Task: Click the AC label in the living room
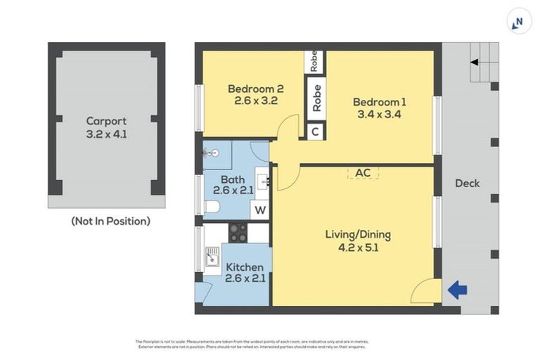[x=363, y=172]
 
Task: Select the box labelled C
[x=316, y=131]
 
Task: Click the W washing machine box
[x=260, y=210]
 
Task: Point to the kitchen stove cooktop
[x=238, y=232]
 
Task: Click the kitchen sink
[x=211, y=259]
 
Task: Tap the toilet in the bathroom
[x=212, y=206]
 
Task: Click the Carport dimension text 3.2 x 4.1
[x=106, y=134]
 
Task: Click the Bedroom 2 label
[x=255, y=89]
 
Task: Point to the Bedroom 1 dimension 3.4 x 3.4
[x=380, y=115]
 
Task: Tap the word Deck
[x=467, y=183]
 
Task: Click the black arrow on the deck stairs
[x=475, y=62]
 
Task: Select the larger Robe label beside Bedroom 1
[x=316, y=98]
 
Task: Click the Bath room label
[x=232, y=180]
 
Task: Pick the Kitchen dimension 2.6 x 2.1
[x=244, y=279]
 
